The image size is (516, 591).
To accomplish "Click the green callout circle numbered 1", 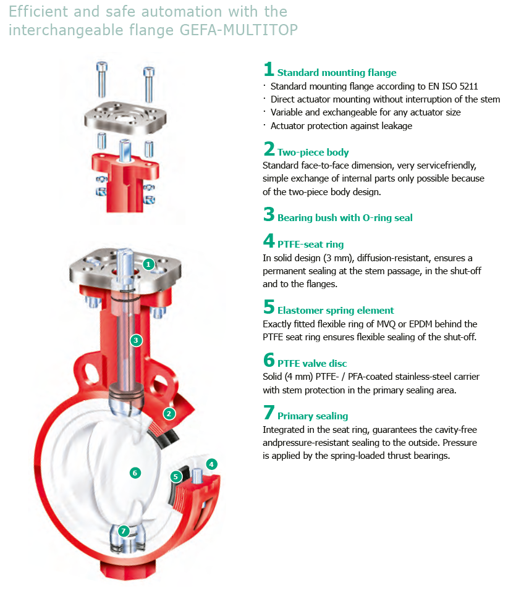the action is coord(148,264).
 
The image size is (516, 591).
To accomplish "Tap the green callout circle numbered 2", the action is coord(169,414).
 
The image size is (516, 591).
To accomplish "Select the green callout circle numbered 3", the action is coord(136,340).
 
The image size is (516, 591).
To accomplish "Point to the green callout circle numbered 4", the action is coord(211,464).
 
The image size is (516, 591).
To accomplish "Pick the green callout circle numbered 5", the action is coord(176,476).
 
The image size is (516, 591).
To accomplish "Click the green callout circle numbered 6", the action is coord(135,472).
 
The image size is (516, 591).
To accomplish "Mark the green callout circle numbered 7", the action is coord(124,531).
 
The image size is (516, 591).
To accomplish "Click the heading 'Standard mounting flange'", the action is coord(336,72).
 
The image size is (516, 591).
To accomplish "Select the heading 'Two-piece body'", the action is coord(313,152).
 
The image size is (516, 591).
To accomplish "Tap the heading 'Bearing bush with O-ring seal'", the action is coord(345,217).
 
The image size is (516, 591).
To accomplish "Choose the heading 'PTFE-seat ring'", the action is coord(310,244).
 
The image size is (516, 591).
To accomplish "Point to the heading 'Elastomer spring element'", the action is coord(336,310).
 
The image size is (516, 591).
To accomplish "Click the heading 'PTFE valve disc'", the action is coord(312,363).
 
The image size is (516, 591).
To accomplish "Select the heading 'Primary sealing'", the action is coord(313,416).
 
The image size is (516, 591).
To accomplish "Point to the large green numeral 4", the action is coord(269,240).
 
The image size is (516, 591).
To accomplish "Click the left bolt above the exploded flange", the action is coord(102,80).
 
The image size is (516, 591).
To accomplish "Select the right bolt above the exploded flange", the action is coord(149,85).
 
